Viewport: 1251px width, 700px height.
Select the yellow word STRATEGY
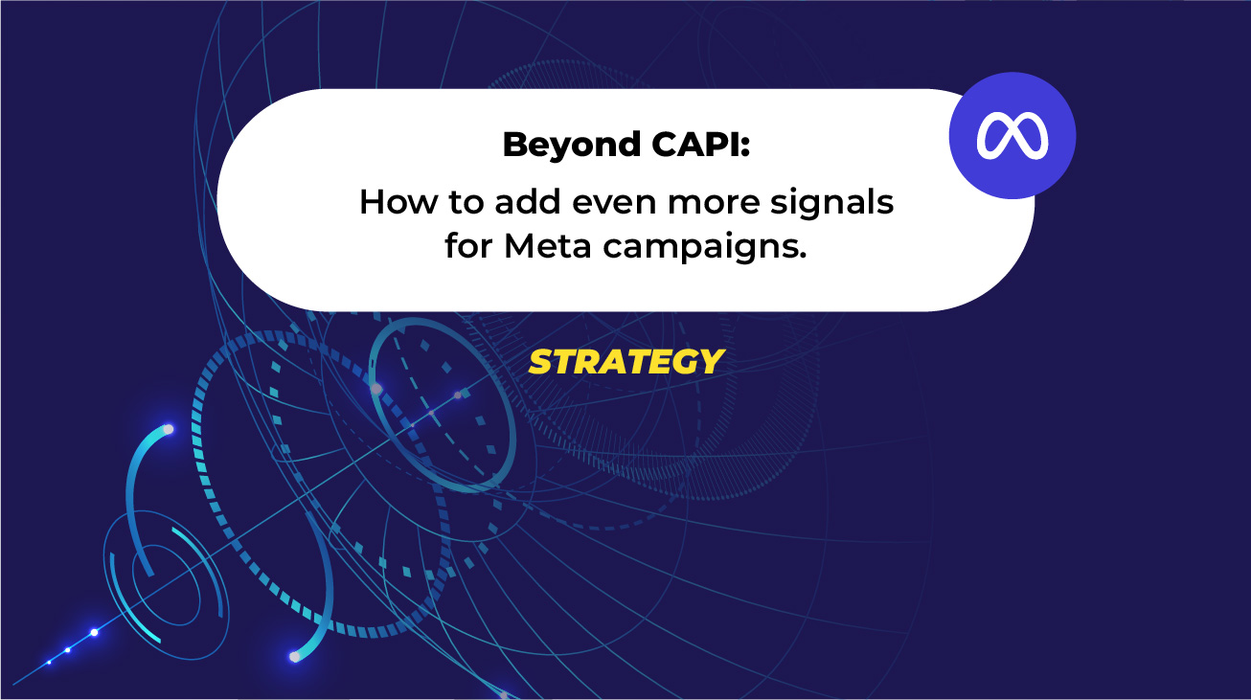626,362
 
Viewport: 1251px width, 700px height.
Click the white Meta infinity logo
1012,136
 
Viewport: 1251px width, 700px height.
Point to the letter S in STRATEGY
540,362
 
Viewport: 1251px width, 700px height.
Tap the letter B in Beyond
512,146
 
